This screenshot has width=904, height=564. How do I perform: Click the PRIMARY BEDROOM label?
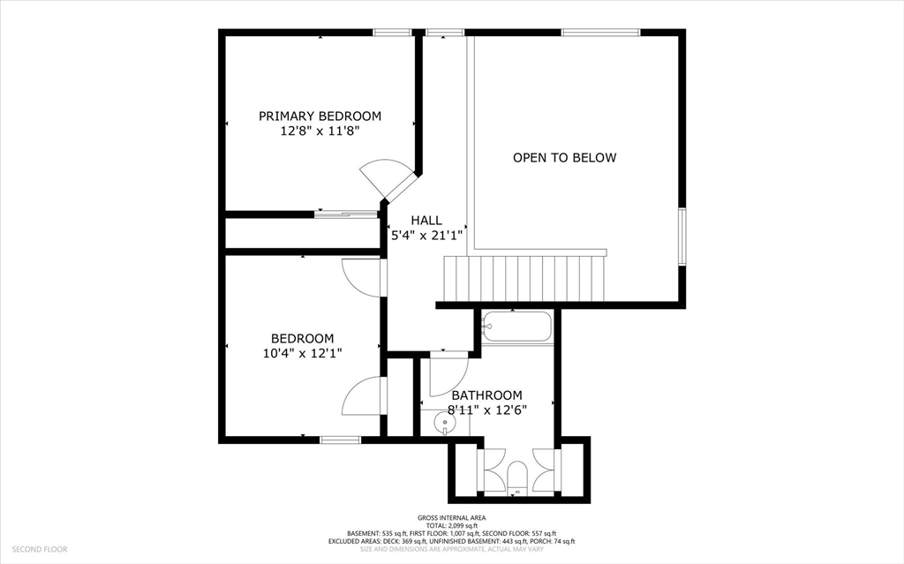tap(320, 116)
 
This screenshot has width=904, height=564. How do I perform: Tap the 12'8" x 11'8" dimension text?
tap(320, 131)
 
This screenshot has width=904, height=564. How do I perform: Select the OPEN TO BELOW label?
tap(564, 158)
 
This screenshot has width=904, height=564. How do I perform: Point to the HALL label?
tap(426, 221)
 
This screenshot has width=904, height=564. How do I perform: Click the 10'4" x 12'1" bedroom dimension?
tap(302, 353)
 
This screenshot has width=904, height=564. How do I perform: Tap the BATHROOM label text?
tap(486, 395)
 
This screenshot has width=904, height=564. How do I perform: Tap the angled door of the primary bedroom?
tap(388, 179)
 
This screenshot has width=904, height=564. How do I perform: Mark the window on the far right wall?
tap(682, 237)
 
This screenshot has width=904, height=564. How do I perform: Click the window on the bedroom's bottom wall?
tap(340, 440)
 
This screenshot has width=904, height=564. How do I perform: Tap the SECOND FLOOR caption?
tap(40, 549)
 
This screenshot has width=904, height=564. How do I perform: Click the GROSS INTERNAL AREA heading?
tap(451, 517)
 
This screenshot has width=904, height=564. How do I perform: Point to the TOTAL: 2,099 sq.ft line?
tap(451, 525)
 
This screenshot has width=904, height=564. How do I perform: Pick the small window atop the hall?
tap(444, 33)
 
